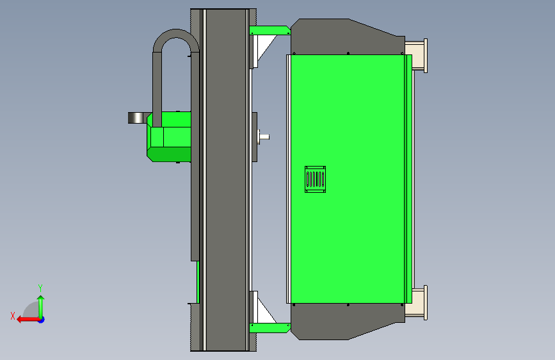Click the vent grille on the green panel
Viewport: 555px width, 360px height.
click(x=315, y=179)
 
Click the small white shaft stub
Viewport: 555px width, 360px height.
click(x=264, y=137)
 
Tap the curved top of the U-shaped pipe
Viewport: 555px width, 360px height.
click(x=176, y=36)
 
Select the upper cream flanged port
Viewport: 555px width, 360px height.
click(x=416, y=56)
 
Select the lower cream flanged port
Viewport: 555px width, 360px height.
click(x=416, y=303)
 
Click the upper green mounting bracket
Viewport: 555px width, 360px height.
click(x=269, y=31)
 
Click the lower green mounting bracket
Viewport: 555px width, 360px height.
click(x=269, y=328)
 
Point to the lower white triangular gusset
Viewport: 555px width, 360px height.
click(x=266, y=311)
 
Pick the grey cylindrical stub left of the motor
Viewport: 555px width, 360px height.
click(x=138, y=118)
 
